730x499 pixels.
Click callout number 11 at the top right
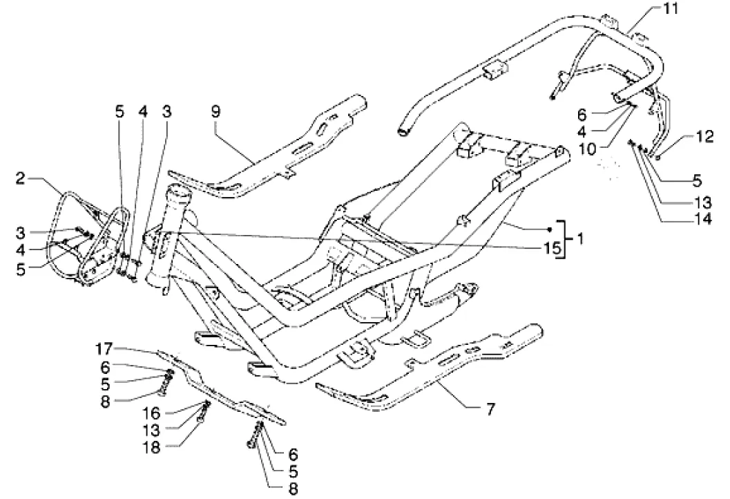coord(671,8)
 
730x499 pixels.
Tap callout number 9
coord(215,111)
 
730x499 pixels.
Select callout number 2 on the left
coord(19,178)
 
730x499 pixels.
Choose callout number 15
coord(552,248)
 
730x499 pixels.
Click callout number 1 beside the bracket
coord(579,239)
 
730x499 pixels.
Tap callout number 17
coord(104,348)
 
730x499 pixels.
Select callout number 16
coord(152,413)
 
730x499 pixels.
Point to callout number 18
coord(152,447)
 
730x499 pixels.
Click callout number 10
coord(588,150)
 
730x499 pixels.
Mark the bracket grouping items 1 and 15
coord(564,238)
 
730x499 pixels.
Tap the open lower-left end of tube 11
coord(403,132)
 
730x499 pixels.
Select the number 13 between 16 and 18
coord(152,430)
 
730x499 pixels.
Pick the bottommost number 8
coord(293,489)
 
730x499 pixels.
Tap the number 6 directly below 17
coord(105,368)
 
